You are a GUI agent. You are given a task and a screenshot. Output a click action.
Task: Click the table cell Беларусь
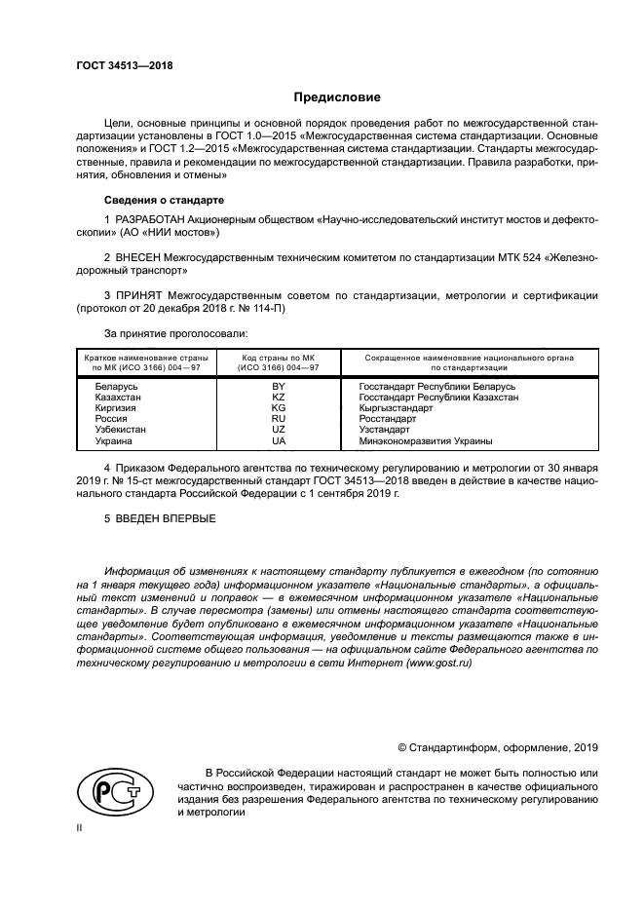[x=116, y=387]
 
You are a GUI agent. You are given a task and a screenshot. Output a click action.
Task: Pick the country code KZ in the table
[x=278, y=398]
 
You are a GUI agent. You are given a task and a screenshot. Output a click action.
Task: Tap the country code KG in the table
[x=278, y=408]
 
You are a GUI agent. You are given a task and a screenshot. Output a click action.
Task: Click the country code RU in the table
[x=278, y=419]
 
